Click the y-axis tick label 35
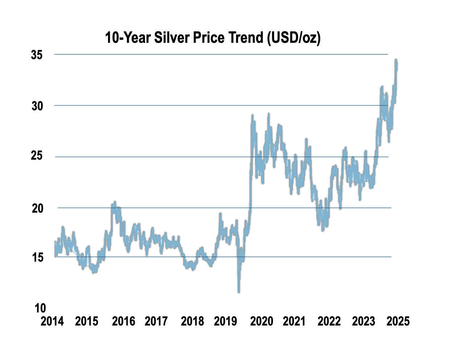coord(37,55)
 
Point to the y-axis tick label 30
coord(37,106)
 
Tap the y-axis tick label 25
coord(37,155)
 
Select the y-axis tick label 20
coord(37,208)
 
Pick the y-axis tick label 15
coord(38,257)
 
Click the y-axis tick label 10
coord(40,308)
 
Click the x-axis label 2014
coord(52,321)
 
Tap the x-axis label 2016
coord(124,321)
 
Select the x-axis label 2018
coord(192,321)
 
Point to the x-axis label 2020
coord(261,321)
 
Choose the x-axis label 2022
coord(329,321)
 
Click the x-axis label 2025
coord(398,321)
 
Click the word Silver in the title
coord(172,37)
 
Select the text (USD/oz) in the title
coord(294,38)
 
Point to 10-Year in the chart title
coord(128,37)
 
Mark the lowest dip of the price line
coord(239,292)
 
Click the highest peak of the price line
coord(396,60)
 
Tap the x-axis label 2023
coord(363,321)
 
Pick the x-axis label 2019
coord(226,321)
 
